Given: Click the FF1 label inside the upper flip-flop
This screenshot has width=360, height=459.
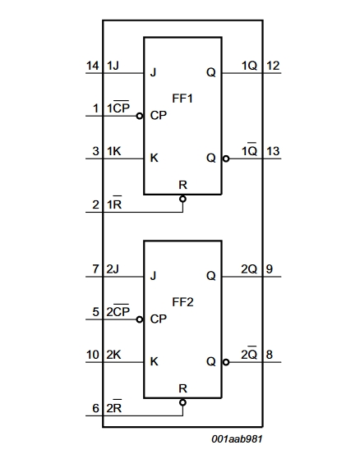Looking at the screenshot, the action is tap(182, 99).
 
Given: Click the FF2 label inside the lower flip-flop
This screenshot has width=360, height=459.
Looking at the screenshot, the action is tap(182, 302).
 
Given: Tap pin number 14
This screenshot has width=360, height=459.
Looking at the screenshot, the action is tap(93, 66).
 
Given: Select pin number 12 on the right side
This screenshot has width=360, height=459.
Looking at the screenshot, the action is tap(273, 66).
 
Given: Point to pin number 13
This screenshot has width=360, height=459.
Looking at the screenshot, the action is tap(273, 151).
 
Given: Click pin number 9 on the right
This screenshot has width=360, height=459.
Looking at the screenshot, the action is tap(270, 269).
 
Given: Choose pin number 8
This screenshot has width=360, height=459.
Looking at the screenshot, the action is tap(270, 355).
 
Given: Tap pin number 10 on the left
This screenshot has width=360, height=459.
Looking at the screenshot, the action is tap(93, 355).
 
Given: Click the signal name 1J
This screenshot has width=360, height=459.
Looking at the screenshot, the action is tap(113, 66).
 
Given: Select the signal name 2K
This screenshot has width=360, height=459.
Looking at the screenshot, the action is tap(113, 355).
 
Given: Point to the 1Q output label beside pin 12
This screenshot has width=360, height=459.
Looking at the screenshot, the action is tap(250, 66).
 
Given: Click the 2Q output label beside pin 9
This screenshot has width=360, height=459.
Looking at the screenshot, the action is tap(249, 269).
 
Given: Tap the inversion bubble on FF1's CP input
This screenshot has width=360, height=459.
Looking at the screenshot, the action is tap(140, 116).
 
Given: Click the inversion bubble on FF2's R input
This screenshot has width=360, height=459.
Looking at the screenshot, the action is tap(182, 402).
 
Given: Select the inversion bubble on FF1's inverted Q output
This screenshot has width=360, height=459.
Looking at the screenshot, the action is tap(226, 158).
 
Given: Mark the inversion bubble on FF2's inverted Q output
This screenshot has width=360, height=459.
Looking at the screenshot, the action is tap(226, 362).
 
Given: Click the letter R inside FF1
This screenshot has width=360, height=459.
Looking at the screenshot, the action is tap(182, 185).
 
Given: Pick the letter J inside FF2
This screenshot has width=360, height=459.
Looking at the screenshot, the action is tap(153, 276).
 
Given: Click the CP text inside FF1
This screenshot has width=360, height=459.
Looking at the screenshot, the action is tap(159, 115).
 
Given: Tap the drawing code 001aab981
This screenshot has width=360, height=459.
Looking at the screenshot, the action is tap(237, 438).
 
